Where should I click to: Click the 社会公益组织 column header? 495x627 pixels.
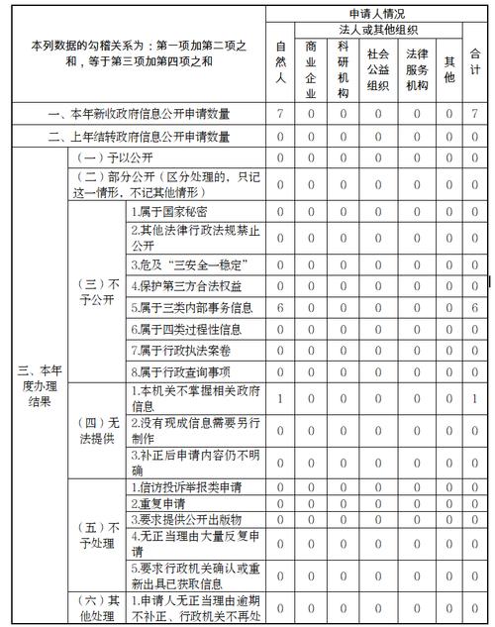(x=377, y=67)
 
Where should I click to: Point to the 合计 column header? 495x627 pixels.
(x=475, y=59)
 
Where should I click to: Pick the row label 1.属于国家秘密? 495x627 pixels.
(x=168, y=212)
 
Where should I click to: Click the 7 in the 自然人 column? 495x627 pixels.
(x=281, y=115)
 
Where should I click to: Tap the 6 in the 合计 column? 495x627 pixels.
(x=475, y=308)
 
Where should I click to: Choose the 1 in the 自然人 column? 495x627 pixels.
(x=281, y=398)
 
